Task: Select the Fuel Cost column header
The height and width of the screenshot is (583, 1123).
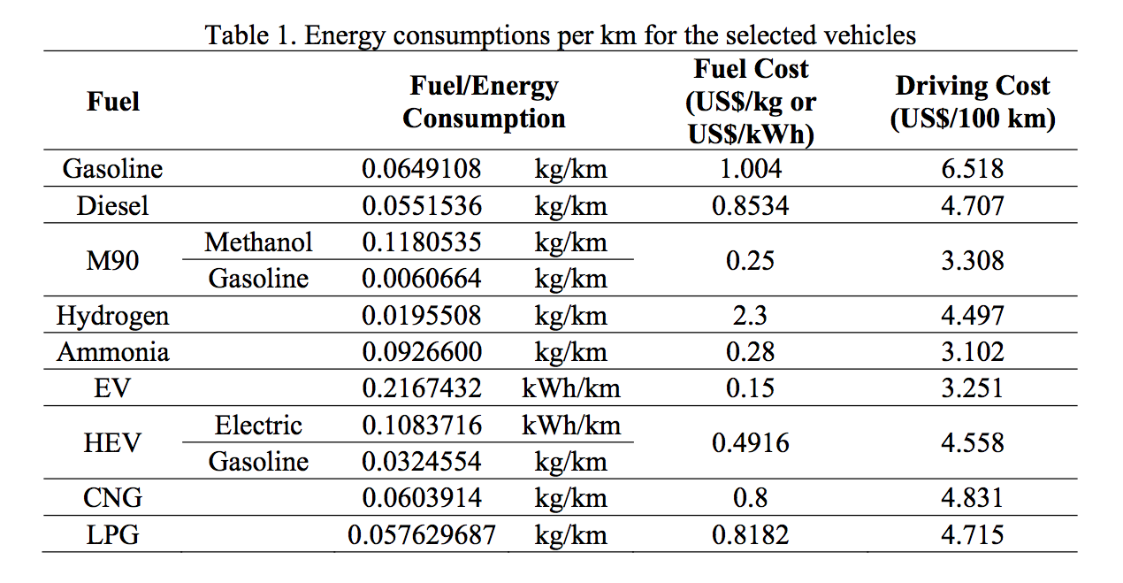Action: (751, 102)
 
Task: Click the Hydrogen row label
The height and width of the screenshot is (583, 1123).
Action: (112, 316)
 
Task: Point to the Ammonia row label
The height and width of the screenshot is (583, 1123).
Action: (112, 352)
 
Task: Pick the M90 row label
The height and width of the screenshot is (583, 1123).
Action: (112, 260)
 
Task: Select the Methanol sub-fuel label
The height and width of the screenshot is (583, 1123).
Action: (258, 242)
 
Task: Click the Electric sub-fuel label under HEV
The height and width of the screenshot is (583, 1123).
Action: (258, 426)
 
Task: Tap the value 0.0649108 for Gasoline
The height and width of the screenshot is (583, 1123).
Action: (422, 169)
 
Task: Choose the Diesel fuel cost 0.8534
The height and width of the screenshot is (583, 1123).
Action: (750, 206)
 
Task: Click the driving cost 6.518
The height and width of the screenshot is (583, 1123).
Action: (972, 169)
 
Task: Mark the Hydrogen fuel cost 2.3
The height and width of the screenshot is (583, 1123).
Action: (750, 316)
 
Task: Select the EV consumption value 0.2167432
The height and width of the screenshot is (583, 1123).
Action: (422, 388)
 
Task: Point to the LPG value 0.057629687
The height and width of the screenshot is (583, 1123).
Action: (422, 535)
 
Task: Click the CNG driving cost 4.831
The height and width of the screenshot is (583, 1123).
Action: (972, 498)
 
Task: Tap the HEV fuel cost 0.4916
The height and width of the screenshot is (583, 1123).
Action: (750, 443)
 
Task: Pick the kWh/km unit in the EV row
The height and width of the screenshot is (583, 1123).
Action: (570, 388)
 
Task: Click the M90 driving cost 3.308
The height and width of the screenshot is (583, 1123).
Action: (972, 260)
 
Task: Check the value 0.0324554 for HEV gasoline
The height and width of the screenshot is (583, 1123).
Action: (422, 462)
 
